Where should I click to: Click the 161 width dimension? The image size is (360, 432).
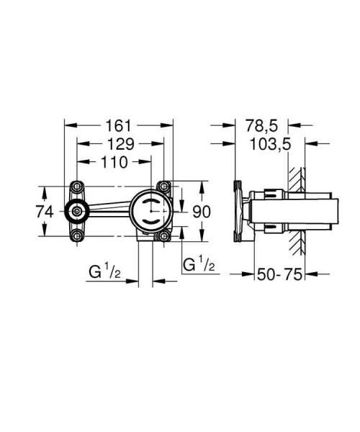(120, 122)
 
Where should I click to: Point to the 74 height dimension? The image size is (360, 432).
(45, 212)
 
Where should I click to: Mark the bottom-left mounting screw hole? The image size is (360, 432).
(76, 236)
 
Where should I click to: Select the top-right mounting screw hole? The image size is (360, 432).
(166, 186)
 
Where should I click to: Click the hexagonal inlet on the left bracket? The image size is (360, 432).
(76, 211)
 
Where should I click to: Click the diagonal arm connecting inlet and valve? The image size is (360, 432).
(108, 209)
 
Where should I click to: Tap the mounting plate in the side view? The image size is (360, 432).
(238, 211)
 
